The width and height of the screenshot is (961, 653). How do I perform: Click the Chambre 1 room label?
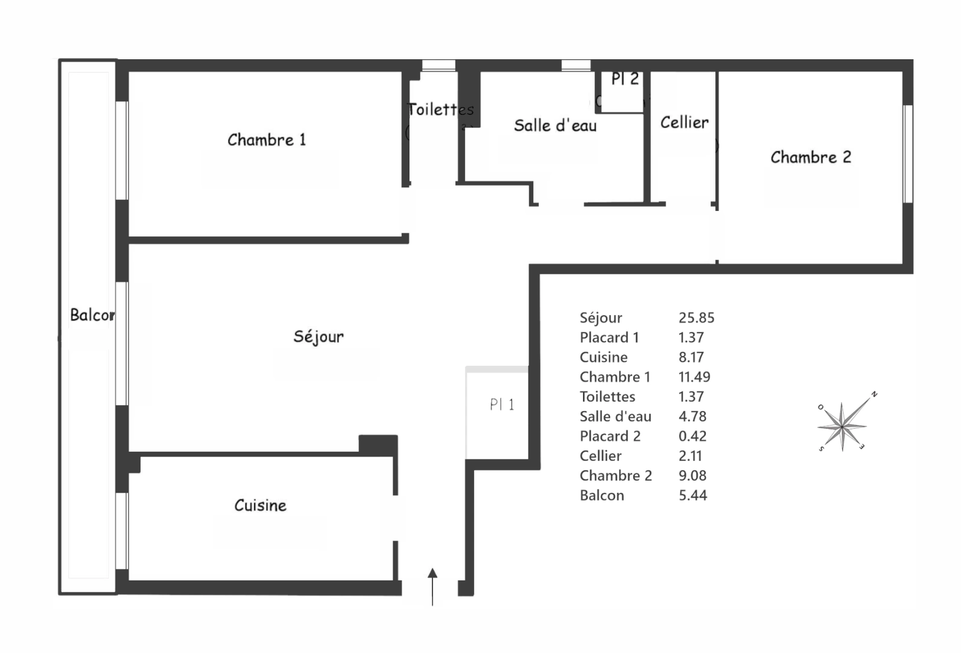click(267, 140)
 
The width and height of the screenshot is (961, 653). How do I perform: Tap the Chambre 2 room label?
click(810, 158)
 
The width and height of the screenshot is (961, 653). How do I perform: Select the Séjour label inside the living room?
click(319, 337)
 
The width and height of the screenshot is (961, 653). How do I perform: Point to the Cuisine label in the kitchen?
click(260, 505)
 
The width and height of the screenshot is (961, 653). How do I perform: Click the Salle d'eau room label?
click(555, 126)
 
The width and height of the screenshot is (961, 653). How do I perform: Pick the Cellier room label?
click(684, 123)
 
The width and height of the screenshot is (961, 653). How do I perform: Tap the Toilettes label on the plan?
click(441, 109)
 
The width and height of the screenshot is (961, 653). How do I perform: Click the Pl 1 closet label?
click(502, 404)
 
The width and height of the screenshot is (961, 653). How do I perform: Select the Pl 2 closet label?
click(625, 79)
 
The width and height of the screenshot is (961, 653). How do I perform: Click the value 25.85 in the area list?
click(696, 318)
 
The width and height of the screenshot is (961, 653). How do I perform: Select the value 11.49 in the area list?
click(694, 377)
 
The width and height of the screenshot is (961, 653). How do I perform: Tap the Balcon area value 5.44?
click(692, 496)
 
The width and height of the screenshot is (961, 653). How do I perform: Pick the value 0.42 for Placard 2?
click(692, 437)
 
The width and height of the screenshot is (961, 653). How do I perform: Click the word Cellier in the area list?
click(600, 456)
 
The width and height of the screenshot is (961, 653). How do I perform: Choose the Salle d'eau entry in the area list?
click(615, 417)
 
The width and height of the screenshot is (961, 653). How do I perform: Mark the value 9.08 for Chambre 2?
click(692, 476)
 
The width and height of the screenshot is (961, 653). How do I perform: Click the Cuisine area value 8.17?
click(691, 357)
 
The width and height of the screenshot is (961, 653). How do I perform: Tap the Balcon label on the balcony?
click(92, 315)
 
